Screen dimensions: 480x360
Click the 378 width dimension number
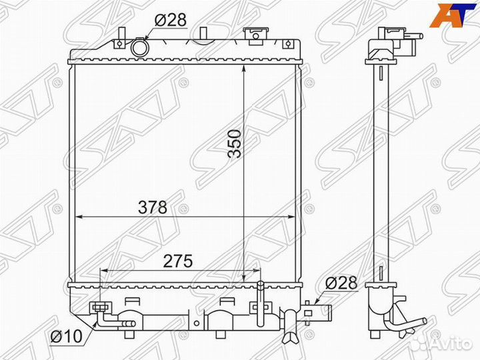[x=153, y=207]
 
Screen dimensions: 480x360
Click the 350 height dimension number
[x=235, y=143]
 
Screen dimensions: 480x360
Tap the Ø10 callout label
[x=67, y=337]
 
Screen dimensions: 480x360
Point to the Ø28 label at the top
[x=170, y=20]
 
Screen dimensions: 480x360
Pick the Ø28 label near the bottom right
[x=341, y=283]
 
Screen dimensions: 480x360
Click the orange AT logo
[x=449, y=14]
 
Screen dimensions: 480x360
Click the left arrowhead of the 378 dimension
[x=79, y=217]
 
